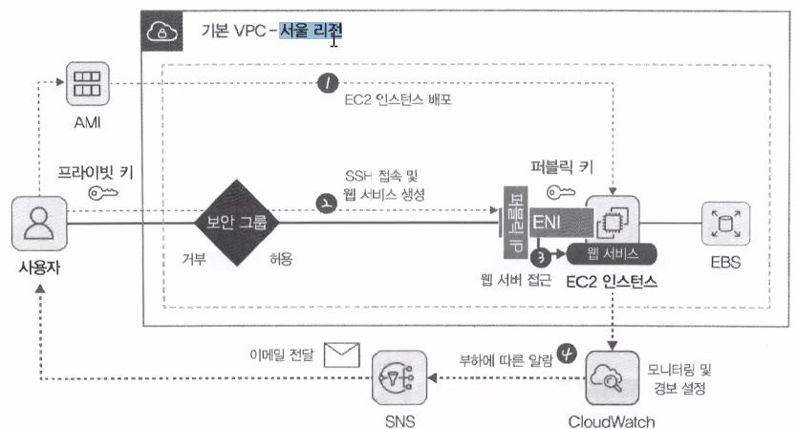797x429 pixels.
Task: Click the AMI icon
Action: point(86,83)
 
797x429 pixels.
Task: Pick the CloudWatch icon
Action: point(612,377)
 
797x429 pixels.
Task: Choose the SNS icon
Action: point(396,378)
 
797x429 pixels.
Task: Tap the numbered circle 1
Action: point(329,85)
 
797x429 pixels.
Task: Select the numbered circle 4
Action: point(568,354)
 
